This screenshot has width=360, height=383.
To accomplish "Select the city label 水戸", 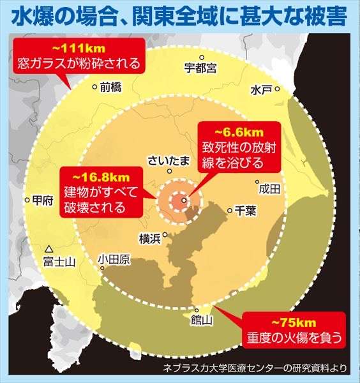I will pos(261,88).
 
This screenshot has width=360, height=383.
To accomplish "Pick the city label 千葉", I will pos(246,209).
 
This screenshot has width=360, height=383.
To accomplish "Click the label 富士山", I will pos(59,262).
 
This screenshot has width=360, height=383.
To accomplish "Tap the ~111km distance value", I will pos(79,49).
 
